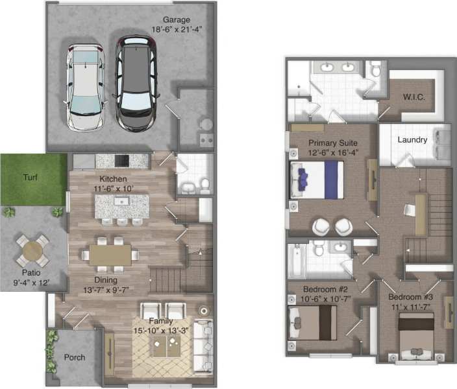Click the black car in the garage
click(136, 83)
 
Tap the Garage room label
click(177, 19)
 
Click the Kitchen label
click(113, 179)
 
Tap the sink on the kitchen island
click(121, 202)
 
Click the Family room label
click(160, 321)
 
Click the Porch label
click(74, 357)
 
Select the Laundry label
click(412, 139)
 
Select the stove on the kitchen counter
click(122, 160)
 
